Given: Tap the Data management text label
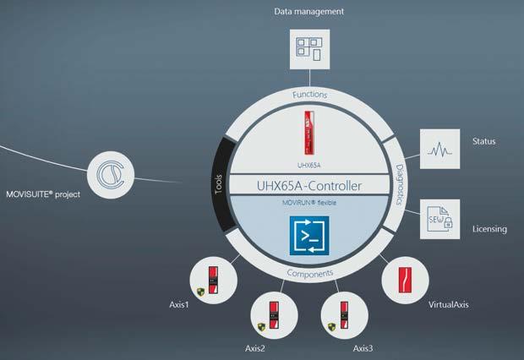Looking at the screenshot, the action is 308,11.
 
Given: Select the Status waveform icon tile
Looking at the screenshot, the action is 439,150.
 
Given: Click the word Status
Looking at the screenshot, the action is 485,141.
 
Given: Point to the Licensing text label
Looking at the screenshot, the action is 489,229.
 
